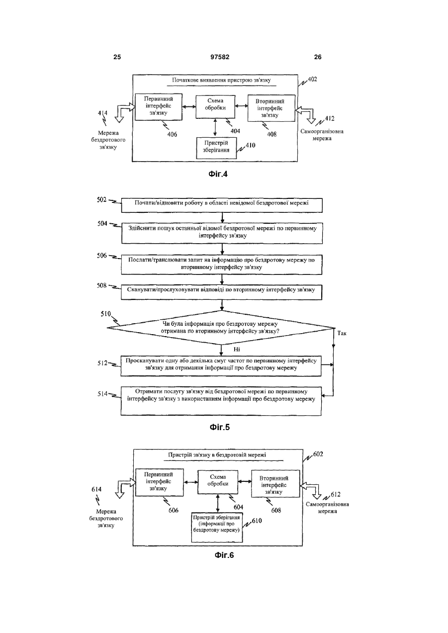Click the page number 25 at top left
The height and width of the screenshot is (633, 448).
point(117,57)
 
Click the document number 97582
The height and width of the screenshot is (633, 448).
point(220,57)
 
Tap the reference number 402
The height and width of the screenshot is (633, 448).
point(312,80)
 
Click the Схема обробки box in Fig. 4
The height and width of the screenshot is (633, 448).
point(215,107)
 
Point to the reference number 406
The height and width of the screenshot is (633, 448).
point(172,135)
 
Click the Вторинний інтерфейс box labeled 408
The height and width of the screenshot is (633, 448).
point(271,108)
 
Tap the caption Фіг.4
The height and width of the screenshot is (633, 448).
point(218,174)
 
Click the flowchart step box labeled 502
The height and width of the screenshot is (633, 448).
point(222,205)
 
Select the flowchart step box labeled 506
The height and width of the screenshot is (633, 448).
point(222,265)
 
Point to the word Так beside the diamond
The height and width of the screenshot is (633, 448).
point(342,334)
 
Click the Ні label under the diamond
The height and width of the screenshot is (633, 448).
point(237,350)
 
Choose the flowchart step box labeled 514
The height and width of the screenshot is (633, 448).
point(221,401)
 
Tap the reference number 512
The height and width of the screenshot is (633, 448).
point(102,363)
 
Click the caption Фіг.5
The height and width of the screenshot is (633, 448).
point(220,427)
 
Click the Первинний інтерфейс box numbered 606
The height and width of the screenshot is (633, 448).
point(160,482)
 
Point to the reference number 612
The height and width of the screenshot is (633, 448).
point(336,494)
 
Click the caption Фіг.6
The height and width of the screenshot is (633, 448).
point(224,555)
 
